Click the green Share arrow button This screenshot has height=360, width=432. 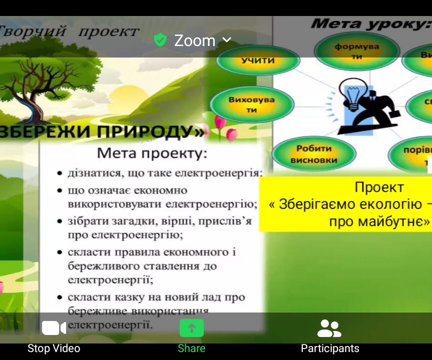[192, 328]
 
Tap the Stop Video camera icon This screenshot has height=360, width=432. [54, 328]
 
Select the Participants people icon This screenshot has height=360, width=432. [329, 328]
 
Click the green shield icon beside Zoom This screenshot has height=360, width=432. [160, 40]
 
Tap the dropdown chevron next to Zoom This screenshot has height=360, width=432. [227, 39]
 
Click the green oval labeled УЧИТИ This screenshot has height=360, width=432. [257, 60]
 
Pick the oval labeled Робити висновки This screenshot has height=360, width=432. [313, 154]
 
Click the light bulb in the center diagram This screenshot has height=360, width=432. [350, 95]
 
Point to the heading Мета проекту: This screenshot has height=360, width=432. [152, 153]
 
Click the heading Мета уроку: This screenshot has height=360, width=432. [370, 23]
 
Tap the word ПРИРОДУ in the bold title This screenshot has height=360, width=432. [145, 131]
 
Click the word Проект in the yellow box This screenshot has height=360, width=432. [379, 187]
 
